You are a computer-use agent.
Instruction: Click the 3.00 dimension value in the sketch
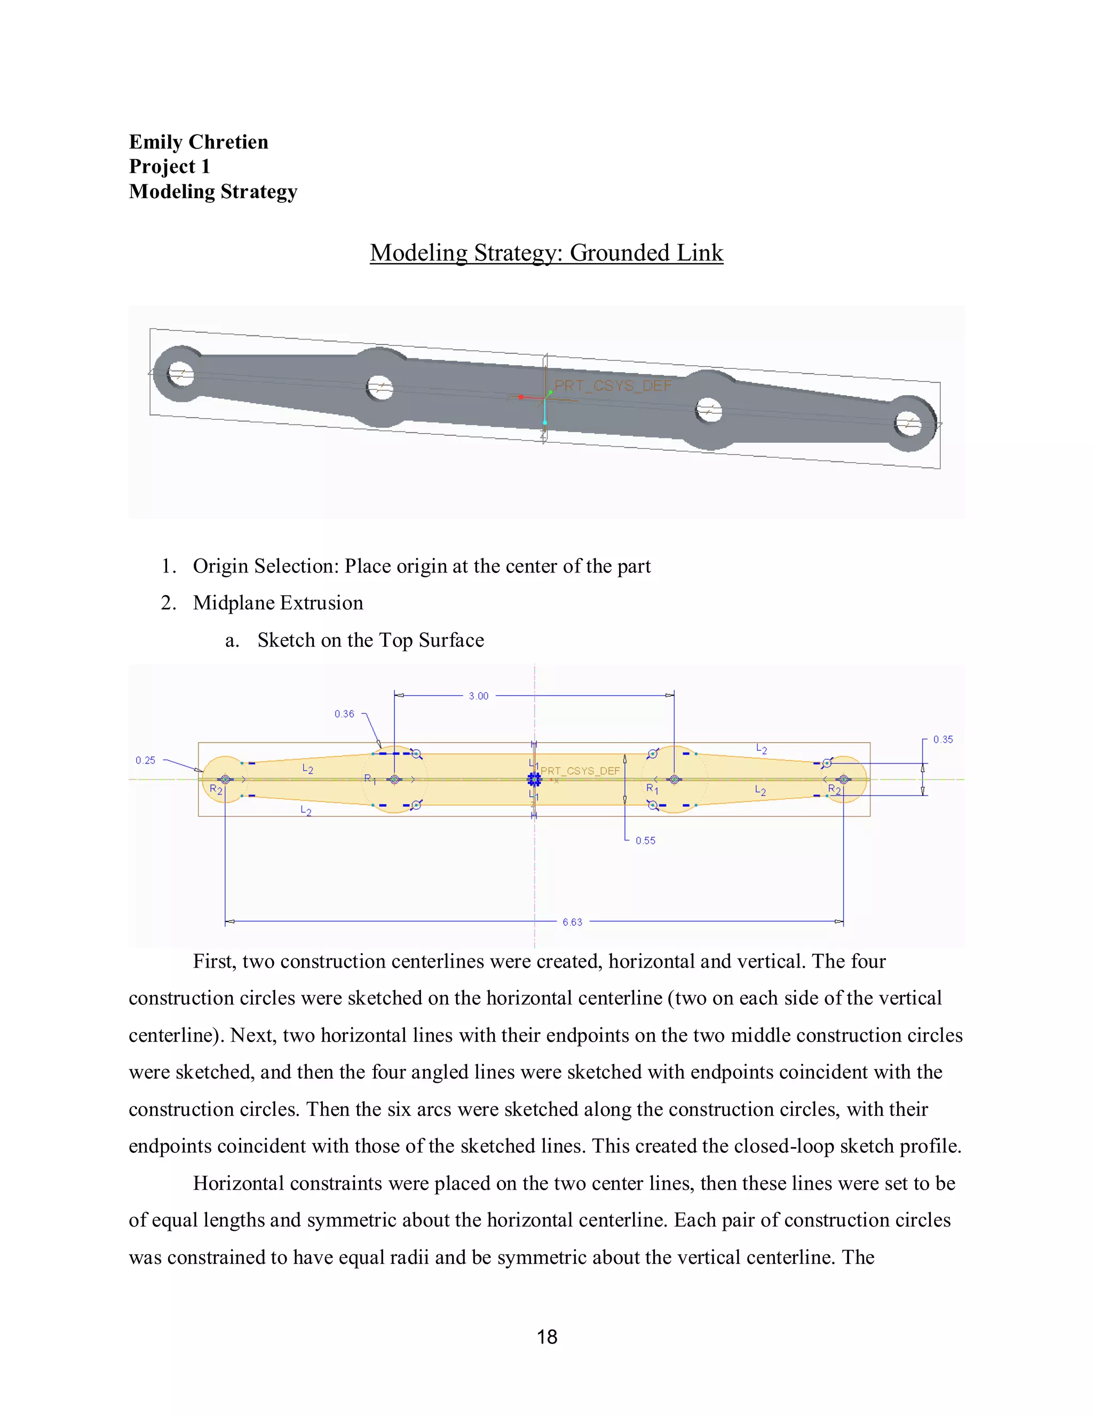click(479, 696)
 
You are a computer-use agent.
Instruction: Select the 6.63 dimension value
click(572, 922)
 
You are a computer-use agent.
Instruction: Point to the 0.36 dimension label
click(344, 714)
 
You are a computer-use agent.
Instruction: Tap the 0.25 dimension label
click(145, 760)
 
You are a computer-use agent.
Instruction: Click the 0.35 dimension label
click(943, 739)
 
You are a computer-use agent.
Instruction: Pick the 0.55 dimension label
click(645, 841)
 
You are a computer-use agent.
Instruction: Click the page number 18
click(546, 1337)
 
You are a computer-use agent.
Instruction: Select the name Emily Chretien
click(198, 142)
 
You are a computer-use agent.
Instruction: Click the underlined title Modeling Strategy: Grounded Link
click(546, 253)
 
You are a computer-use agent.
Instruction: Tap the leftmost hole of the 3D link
click(181, 374)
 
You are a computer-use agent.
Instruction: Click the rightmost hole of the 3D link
click(908, 424)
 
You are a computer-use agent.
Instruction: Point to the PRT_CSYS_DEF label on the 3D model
click(613, 386)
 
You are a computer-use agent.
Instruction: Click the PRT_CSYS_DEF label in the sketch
click(580, 771)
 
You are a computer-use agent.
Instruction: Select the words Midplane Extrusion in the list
click(278, 603)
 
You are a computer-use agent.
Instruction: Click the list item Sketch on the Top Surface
click(370, 640)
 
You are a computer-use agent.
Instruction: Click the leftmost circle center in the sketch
click(225, 780)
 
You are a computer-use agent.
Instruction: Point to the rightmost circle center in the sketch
click(843, 780)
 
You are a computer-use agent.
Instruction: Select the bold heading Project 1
click(169, 167)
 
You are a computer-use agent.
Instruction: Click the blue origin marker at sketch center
click(534, 780)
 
